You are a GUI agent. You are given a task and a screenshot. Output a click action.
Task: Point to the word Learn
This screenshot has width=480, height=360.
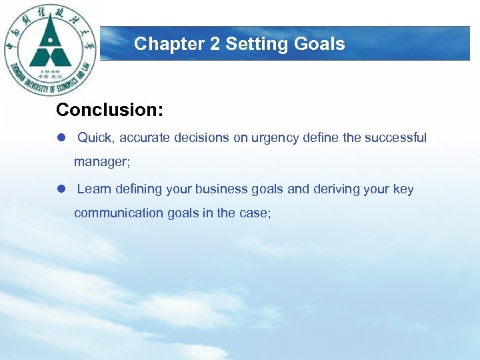[94, 189]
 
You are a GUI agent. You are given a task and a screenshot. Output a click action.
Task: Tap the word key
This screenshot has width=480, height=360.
[403, 189]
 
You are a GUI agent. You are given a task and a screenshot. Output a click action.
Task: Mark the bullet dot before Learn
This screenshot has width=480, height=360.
[61, 189]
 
